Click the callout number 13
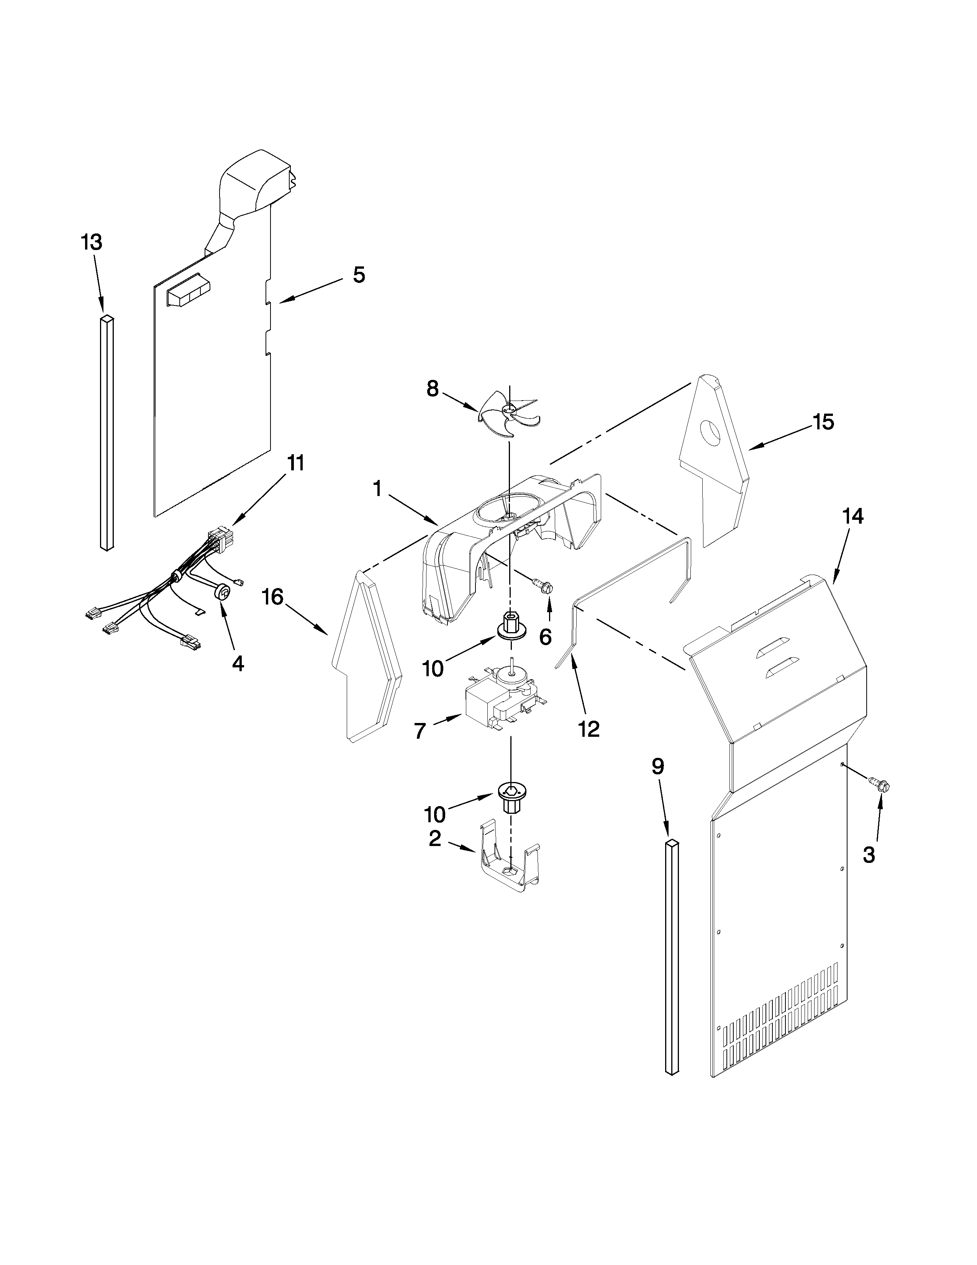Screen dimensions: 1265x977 pyautogui.click(x=92, y=242)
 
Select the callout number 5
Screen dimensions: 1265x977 pyautogui.click(x=359, y=275)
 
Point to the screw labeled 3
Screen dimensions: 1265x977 pyautogui.click(x=880, y=785)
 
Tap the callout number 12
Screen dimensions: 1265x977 pyautogui.click(x=588, y=729)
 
